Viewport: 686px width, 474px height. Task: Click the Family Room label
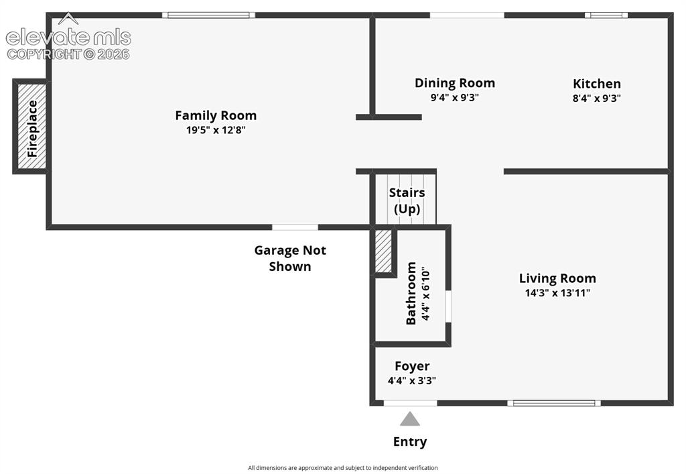216,115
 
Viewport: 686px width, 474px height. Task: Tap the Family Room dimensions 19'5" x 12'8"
216,130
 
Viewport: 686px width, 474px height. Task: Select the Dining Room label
455,83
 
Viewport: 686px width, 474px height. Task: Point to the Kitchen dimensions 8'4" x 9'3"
597,98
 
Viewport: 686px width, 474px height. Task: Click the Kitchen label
597,84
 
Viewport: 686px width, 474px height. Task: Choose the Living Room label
557,278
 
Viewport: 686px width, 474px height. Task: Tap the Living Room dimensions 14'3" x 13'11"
557,293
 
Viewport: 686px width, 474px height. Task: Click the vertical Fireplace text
32,129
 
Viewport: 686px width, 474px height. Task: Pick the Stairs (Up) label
407,200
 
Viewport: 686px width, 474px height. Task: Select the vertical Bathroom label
411,293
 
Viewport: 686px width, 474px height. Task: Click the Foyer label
412,366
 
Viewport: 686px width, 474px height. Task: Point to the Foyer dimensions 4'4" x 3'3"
412,380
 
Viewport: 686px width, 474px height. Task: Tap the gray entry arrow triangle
410,419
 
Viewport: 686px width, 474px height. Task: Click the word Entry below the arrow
410,442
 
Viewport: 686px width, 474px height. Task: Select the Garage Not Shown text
290,258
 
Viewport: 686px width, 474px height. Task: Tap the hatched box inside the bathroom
383,251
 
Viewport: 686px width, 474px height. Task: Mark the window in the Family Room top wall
209,15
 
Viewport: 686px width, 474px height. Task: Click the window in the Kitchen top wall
606,15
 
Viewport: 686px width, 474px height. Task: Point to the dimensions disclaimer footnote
343,468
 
